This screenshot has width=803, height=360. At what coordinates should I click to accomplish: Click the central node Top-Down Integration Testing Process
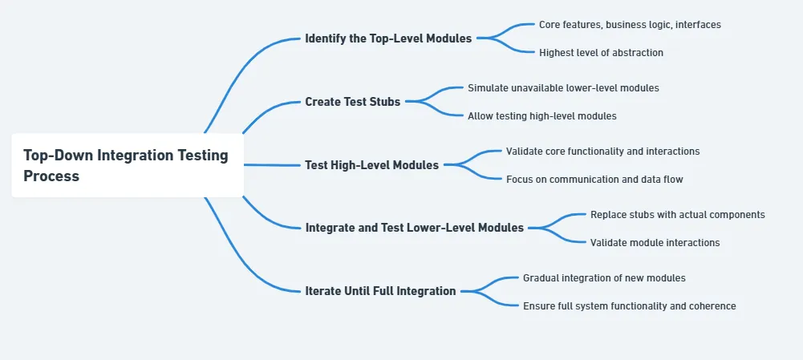127,166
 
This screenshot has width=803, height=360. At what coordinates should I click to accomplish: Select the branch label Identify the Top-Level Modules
388,38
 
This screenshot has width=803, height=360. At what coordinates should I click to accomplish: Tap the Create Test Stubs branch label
352,102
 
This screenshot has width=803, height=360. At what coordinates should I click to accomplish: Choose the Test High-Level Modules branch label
371,165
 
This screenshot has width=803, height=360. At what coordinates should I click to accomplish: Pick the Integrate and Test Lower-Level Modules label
414,228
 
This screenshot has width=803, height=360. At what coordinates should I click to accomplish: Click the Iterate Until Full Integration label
380,291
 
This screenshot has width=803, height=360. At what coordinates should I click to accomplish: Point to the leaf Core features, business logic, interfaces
629,25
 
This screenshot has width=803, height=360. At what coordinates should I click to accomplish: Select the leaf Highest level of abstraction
601,53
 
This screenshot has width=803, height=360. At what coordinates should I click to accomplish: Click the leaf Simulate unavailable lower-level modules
563,88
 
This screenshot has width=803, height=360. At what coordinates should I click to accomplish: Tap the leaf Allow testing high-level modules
541,116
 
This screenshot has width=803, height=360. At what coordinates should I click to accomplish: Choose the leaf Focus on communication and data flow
594,180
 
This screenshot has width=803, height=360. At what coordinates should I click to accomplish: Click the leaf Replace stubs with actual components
677,215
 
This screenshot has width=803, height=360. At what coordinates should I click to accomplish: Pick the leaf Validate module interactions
655,243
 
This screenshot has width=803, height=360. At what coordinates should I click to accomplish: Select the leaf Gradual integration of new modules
604,278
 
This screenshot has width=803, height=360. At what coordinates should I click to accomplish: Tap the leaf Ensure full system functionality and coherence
629,306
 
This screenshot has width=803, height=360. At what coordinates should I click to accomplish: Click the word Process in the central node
51,176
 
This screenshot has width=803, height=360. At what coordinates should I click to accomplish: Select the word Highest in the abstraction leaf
558,53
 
